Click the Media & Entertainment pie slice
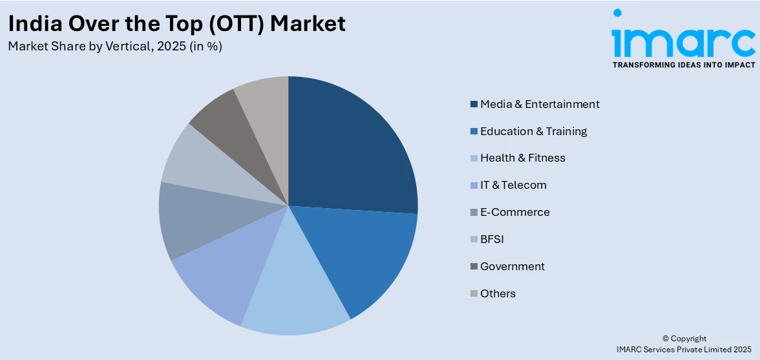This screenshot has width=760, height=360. (349, 149)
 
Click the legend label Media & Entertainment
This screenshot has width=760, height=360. (540, 104)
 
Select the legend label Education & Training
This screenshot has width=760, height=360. (533, 131)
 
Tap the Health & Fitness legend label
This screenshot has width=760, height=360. (522, 158)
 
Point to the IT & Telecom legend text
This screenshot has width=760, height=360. (513, 185)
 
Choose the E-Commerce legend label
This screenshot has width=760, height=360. (514, 212)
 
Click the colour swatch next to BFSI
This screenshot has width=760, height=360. (474, 239)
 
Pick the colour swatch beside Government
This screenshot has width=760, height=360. (474, 266)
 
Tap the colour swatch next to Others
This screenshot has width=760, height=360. (474, 293)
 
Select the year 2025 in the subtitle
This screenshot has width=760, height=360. (171, 47)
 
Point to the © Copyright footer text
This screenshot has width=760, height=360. (684, 339)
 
